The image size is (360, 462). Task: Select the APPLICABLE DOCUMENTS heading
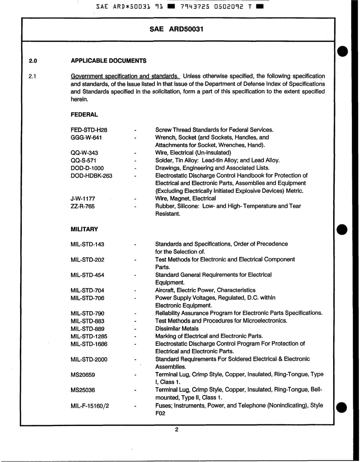coord(108,61)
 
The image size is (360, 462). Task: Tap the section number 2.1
coord(32,76)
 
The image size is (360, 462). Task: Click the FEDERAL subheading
coord(84,114)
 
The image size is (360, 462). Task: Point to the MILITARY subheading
coord(84,229)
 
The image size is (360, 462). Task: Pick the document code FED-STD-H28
coord(86,130)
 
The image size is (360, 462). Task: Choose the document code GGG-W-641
coord(86,137)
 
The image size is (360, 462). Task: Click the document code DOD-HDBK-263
coord(91,176)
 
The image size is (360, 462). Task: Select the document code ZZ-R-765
coord(83,206)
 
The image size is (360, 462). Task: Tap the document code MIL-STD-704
coord(87,290)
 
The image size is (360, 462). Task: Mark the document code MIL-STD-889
coord(87,329)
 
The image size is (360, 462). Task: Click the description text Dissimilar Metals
coord(177,329)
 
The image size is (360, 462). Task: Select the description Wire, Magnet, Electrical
coord(185,198)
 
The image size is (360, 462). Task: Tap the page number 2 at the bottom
coord(177,429)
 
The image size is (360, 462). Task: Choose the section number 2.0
coord(32,61)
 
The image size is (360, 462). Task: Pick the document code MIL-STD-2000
coord(89,359)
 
